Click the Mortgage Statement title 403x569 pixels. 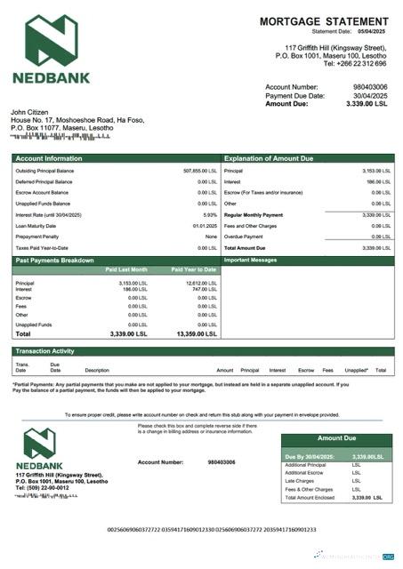[x=323, y=20]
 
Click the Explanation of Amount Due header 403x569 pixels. [x=269, y=158]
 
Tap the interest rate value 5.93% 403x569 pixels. [x=210, y=215]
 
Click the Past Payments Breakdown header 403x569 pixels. [x=55, y=260]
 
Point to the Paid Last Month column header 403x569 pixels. [x=126, y=268]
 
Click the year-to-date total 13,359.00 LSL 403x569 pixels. [x=197, y=334]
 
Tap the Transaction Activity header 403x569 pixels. [x=45, y=351]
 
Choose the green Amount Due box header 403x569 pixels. [x=335, y=438]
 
